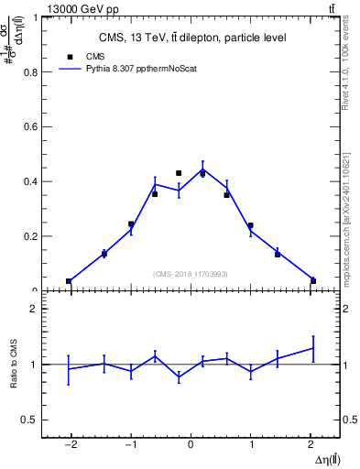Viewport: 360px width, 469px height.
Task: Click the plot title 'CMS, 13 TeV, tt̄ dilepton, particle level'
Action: click(x=192, y=38)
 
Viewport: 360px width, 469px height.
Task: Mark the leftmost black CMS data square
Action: click(x=69, y=281)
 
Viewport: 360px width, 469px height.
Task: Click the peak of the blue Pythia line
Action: click(x=202, y=169)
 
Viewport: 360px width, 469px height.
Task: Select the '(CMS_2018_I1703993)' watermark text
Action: click(x=191, y=273)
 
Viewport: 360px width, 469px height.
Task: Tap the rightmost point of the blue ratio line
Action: click(x=312, y=348)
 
